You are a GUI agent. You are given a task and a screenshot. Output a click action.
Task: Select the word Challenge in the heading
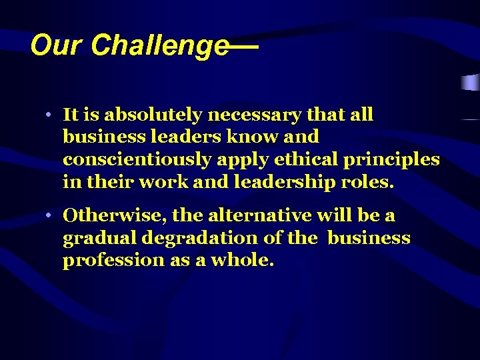(x=159, y=46)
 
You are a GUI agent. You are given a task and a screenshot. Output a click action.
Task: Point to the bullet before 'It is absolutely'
(x=50, y=115)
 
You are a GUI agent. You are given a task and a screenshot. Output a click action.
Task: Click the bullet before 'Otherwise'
(x=50, y=216)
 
